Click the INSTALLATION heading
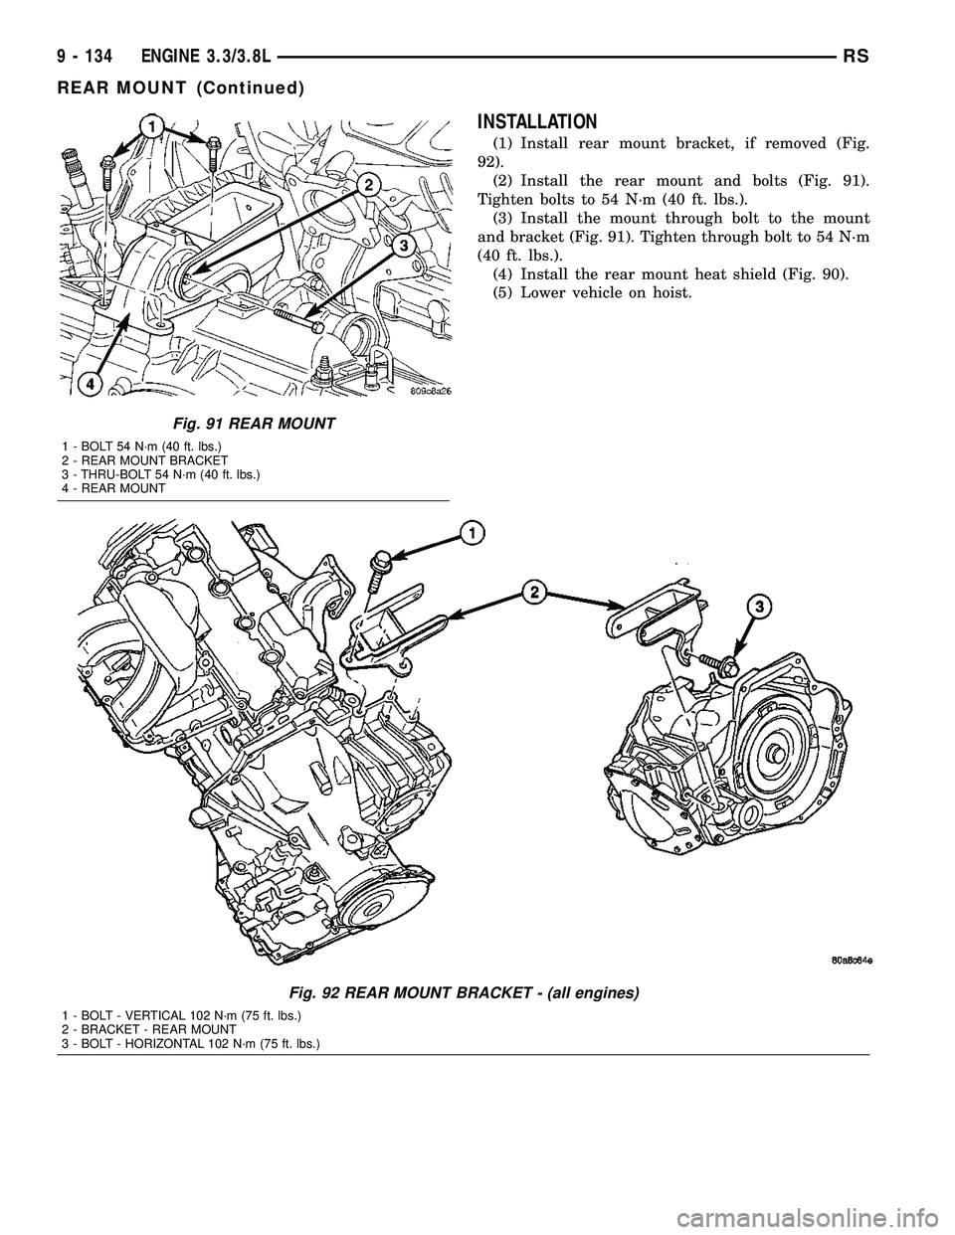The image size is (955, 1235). click(x=537, y=122)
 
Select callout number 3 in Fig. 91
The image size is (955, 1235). click(x=404, y=246)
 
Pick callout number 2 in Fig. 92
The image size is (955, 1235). click(x=534, y=594)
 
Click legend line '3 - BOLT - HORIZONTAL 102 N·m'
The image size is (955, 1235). click(x=190, y=1042)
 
